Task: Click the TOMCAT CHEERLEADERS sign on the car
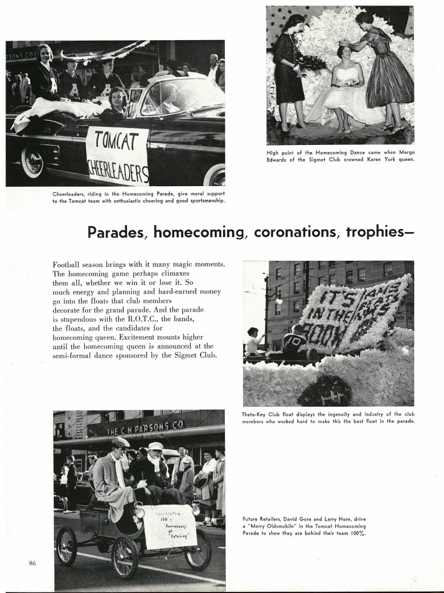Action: point(118,156)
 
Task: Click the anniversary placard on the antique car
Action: point(170,525)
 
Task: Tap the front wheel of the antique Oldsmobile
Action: point(125,556)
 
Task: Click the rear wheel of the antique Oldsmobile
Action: point(67,546)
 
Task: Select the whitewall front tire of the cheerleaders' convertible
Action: point(33,161)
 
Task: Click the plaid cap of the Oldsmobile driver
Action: point(120,442)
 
